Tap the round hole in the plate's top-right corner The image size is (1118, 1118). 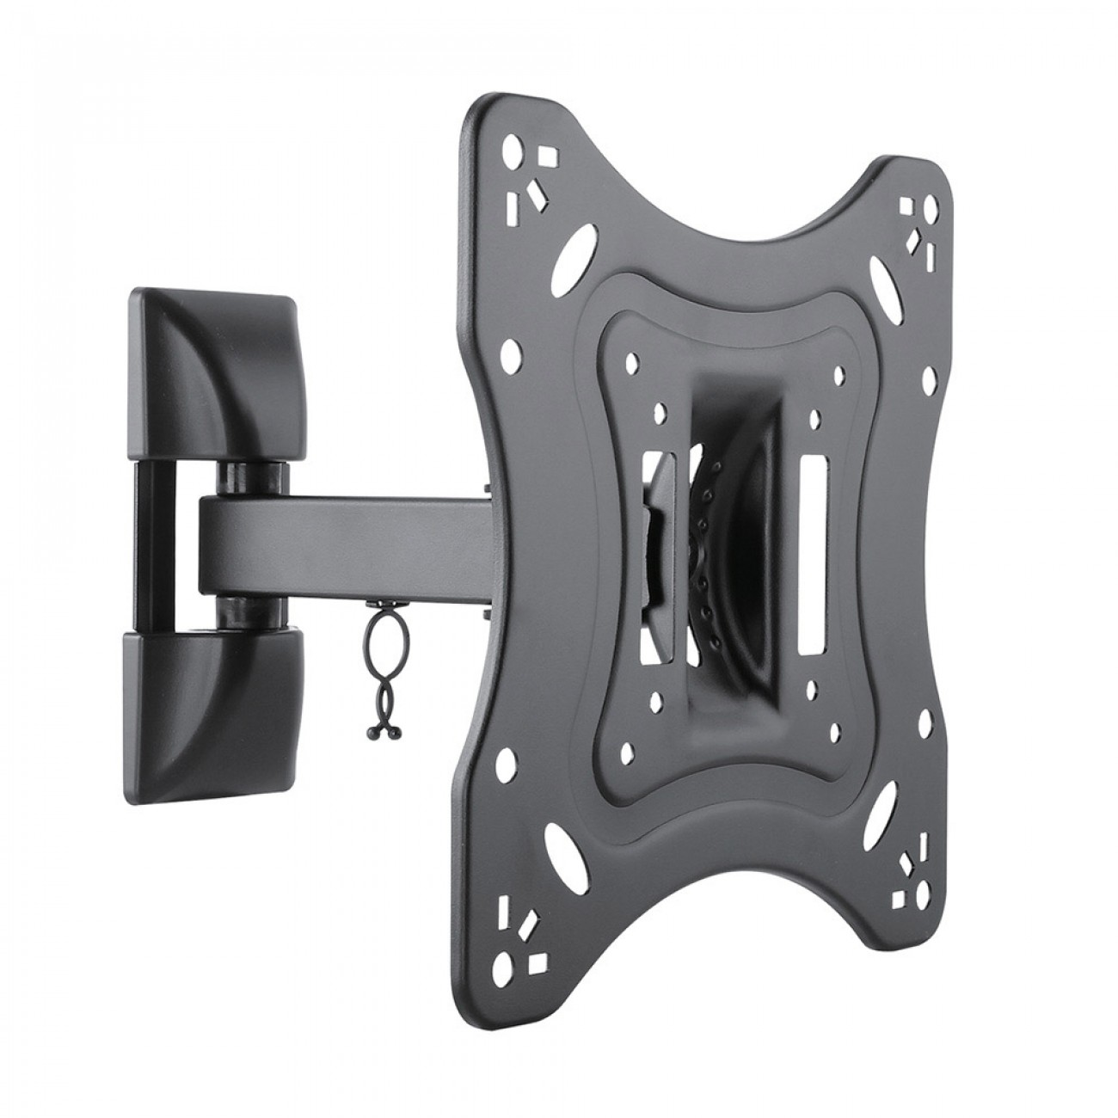(x=931, y=206)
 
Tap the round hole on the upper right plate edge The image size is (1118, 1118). (x=927, y=378)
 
